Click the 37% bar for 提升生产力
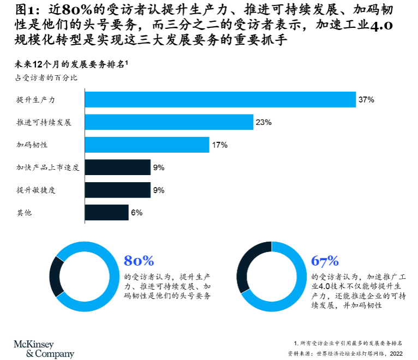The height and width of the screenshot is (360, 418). coord(220,100)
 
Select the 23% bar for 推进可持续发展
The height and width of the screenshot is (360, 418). coord(169,122)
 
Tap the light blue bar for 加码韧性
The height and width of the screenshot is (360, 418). coord(147,145)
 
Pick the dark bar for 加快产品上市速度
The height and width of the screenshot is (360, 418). coord(118,167)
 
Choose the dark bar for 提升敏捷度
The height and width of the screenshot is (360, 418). coord(118,190)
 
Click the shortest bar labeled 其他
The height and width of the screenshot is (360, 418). coord(106,213)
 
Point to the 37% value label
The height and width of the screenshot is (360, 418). coord(366,100)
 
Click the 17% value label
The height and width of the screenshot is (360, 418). coord(220,145)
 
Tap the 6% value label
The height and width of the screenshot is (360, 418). coord(137,213)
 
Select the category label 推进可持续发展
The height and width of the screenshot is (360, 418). coord(44,122)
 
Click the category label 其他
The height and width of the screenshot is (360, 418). coord(24,213)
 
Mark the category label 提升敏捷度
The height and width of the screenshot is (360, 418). coord(36,190)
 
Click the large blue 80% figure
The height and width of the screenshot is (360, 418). coord(139,261)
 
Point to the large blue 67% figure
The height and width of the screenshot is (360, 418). coord(325,261)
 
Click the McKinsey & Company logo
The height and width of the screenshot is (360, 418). coord(44,349)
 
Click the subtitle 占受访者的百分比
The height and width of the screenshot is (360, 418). coord(46,78)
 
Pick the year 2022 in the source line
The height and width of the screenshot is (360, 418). coord(396,353)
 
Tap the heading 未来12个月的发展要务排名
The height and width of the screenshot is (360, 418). coord(71,64)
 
